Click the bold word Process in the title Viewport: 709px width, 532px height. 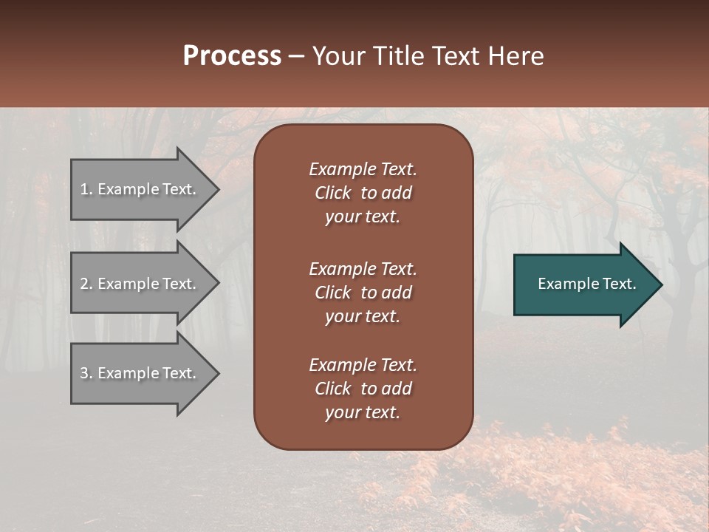[232, 56]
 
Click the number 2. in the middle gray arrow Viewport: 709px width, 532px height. [86, 284]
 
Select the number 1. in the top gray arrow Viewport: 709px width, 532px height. [86, 190]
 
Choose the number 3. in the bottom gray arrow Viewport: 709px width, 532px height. [86, 374]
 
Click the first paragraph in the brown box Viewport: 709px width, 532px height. [363, 193]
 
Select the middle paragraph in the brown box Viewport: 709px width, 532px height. [363, 293]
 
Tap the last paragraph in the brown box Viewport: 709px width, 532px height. [363, 389]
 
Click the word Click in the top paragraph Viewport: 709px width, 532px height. [332, 193]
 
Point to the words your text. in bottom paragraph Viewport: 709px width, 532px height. [363, 413]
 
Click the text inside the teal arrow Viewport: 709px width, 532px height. [586, 284]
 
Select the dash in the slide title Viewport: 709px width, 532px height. [297, 57]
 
